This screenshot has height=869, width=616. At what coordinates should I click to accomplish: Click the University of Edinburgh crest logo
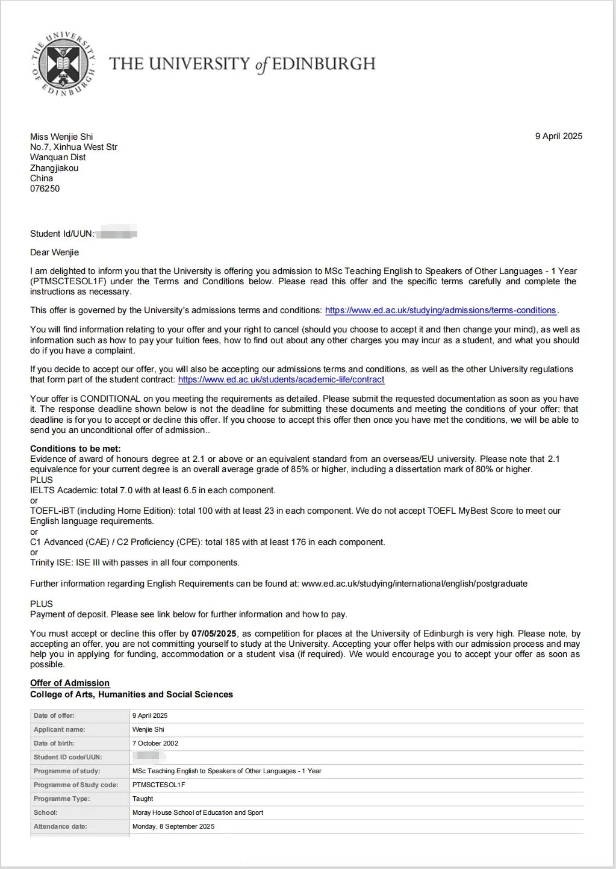(63, 64)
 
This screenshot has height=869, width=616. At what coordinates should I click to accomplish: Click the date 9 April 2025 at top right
(558, 136)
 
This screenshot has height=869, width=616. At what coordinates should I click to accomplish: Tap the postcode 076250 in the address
(45, 188)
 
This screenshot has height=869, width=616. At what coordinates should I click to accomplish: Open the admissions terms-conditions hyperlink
(440, 310)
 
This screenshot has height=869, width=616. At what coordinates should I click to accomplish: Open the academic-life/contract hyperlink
(281, 379)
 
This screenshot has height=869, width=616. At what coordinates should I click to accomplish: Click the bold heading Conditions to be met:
(75, 449)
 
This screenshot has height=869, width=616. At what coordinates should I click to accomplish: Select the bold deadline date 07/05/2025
(214, 634)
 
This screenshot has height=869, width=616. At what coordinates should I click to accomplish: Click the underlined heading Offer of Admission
(70, 683)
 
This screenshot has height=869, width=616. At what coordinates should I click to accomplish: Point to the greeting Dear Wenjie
(54, 252)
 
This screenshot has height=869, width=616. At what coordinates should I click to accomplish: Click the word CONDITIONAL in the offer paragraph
(110, 399)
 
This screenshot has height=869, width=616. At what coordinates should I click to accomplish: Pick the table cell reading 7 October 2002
(155, 743)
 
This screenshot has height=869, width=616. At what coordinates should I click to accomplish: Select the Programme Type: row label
(61, 799)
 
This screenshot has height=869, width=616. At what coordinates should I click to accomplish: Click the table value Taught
(143, 799)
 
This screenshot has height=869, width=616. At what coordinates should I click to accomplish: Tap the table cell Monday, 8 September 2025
(173, 826)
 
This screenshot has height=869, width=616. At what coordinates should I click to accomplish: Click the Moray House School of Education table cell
(198, 812)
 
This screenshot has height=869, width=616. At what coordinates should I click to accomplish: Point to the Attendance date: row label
(60, 826)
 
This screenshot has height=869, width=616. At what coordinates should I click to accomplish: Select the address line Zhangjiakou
(54, 168)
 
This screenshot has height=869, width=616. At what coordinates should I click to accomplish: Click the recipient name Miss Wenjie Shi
(61, 137)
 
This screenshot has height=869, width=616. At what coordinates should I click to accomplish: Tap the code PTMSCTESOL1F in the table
(158, 785)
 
